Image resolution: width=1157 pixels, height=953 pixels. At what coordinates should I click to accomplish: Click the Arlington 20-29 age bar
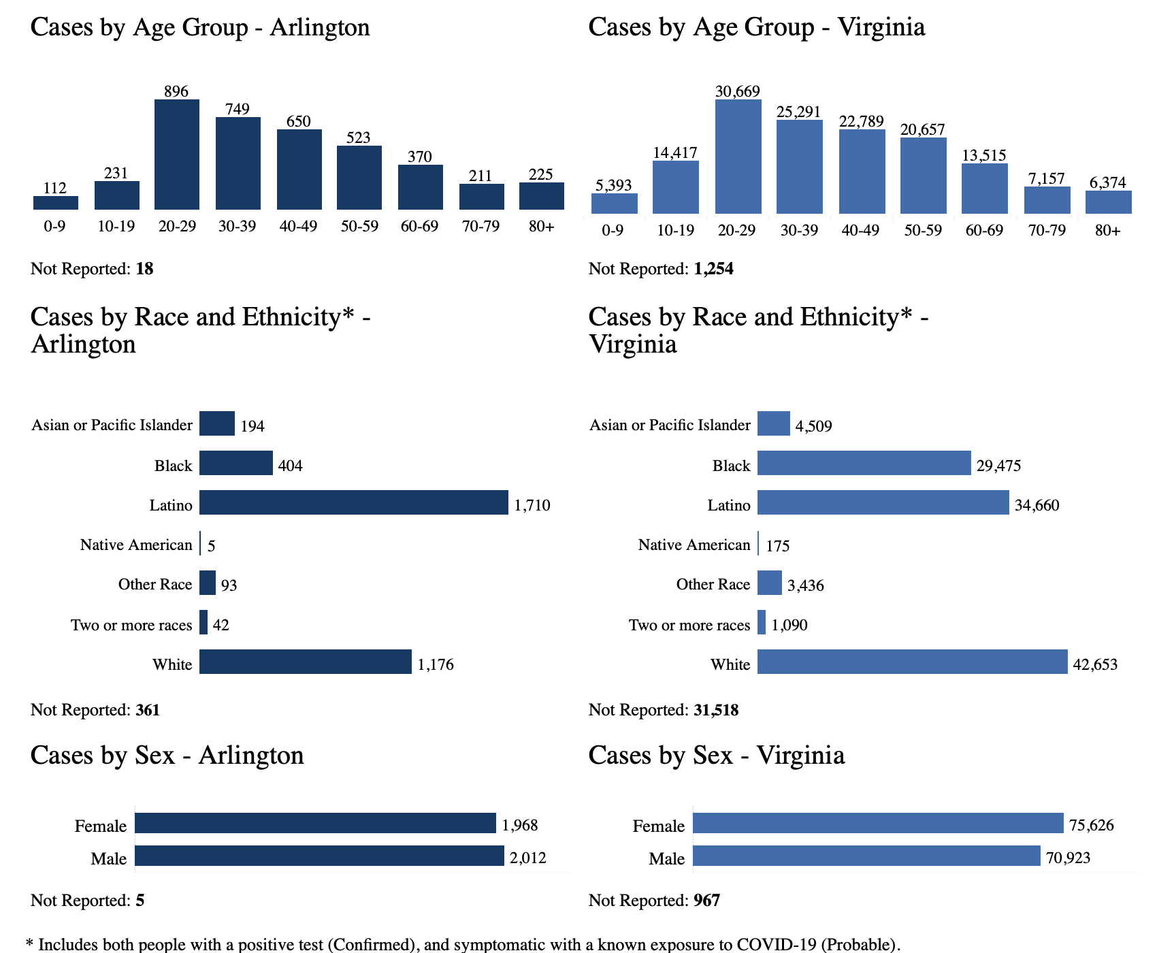[177, 155]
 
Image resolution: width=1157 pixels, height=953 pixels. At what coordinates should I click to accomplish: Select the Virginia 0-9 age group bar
[614, 204]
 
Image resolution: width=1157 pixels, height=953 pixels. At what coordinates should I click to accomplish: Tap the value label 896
[176, 91]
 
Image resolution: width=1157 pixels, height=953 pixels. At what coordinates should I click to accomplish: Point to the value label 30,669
[738, 91]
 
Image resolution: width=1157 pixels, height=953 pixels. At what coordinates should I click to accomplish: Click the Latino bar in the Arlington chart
[353, 502]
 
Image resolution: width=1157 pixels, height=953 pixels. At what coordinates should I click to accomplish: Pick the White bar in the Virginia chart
[912, 662]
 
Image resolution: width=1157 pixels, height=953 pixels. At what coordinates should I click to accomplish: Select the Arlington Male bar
[319, 856]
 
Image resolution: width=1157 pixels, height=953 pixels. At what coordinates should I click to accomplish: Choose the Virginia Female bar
[878, 823]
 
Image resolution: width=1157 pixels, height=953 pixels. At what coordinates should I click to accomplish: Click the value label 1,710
[532, 505]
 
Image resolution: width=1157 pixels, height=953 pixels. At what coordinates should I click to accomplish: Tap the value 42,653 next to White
[1095, 664]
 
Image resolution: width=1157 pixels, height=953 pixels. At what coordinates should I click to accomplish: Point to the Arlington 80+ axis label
[542, 226]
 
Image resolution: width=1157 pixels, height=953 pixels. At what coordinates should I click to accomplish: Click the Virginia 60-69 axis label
[984, 230]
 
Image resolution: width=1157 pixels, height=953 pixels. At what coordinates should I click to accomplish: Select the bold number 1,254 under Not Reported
[713, 269]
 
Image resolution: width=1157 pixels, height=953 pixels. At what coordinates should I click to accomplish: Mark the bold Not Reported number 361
[148, 710]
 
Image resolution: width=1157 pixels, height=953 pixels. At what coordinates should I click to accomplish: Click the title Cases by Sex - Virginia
[716, 755]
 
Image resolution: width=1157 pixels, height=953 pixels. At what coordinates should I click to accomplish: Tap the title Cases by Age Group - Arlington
[200, 27]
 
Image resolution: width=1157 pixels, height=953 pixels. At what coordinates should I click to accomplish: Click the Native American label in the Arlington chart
[136, 545]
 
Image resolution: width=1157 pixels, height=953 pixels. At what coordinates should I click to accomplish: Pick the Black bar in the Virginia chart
[864, 463]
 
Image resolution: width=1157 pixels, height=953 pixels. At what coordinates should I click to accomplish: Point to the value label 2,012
[528, 858]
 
